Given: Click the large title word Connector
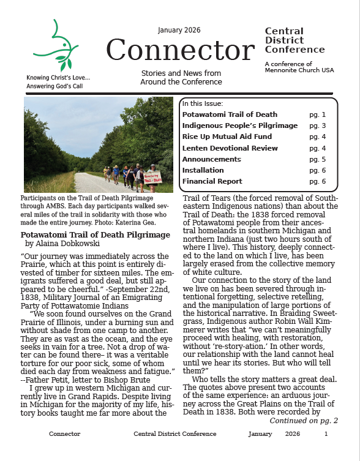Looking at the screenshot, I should (179, 50).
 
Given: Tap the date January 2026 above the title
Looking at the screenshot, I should (179, 31).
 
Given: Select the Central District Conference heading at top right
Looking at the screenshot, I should (294, 40).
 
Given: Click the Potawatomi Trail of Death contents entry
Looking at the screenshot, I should (230, 114).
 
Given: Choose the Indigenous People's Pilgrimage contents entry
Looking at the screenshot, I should (239, 126).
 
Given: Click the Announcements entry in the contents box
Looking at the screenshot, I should (212, 159).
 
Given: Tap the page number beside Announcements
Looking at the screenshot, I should (317, 159).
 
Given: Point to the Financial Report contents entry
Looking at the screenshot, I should (212, 181).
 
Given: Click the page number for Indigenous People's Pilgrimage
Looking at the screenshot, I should (317, 126).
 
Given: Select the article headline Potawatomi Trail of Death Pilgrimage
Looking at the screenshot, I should (95, 234).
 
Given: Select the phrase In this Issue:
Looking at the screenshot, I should (203, 103).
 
